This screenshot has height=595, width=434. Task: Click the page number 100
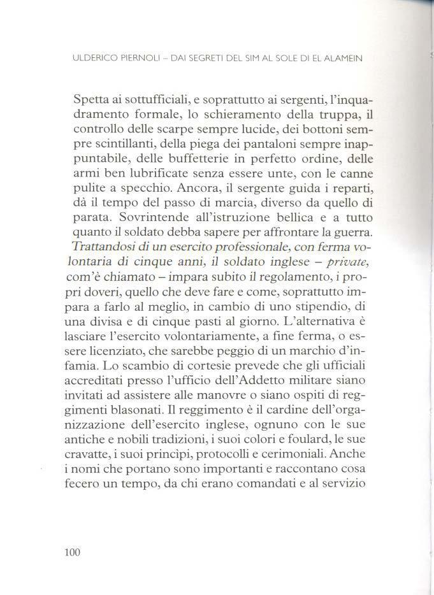72,553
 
